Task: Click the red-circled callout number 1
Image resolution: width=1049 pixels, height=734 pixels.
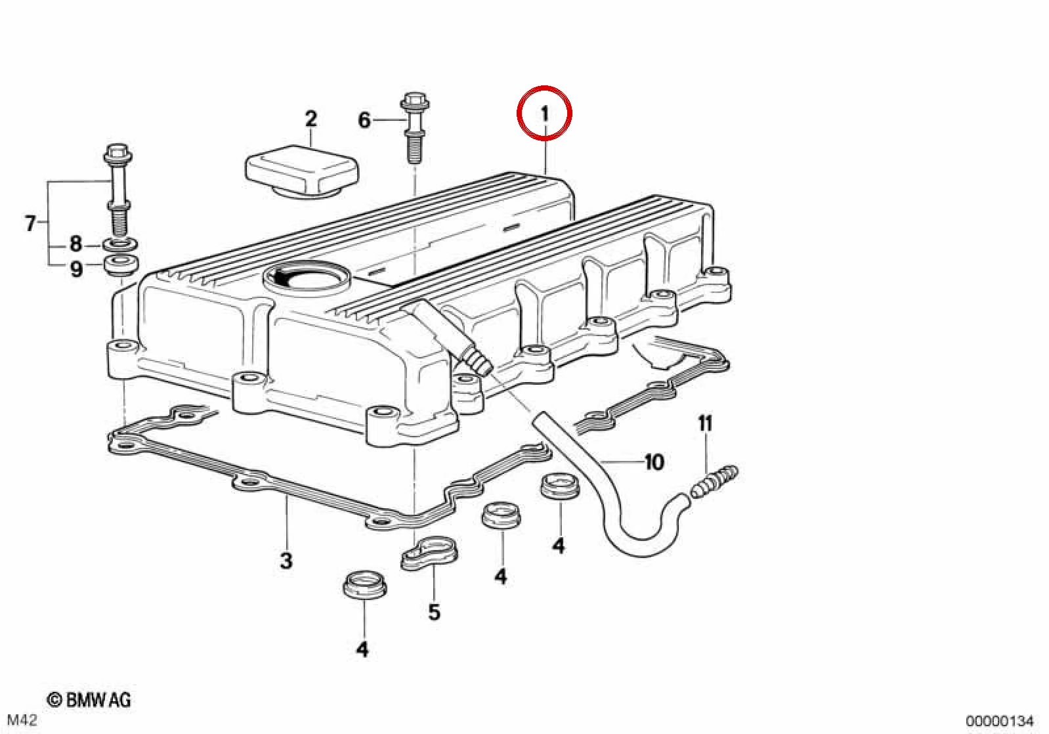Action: [x=544, y=114]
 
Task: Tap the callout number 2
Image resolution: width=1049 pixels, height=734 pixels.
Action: [x=311, y=119]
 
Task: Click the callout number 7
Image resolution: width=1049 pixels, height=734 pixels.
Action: [x=30, y=223]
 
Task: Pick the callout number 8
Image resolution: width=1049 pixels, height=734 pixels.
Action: [x=76, y=244]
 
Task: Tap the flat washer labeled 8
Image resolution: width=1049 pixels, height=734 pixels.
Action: [x=120, y=245]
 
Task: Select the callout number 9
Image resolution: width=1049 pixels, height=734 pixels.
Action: [x=76, y=269]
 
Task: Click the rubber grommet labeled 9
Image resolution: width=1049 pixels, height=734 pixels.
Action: [x=121, y=266]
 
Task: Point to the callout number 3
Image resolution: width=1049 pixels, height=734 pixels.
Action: [x=286, y=561]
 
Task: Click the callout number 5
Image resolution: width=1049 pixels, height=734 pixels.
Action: [x=434, y=612]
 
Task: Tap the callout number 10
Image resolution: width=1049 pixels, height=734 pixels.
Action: [x=654, y=463]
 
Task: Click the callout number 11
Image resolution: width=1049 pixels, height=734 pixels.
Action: [x=705, y=423]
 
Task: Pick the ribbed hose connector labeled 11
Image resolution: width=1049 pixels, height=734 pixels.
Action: [x=714, y=482]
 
